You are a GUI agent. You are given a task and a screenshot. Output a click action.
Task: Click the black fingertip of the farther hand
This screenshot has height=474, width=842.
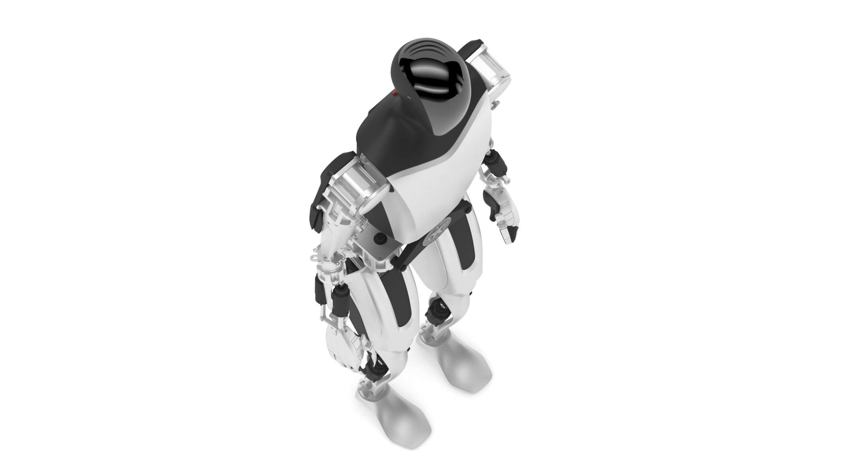[x=512, y=235]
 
